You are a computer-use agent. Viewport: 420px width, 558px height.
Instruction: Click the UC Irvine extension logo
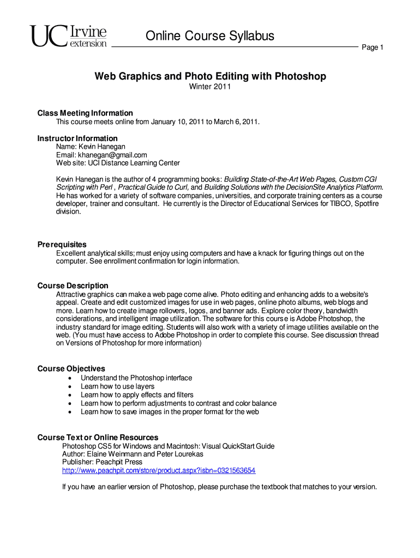(69, 37)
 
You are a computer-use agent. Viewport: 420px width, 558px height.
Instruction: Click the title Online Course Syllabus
(209, 36)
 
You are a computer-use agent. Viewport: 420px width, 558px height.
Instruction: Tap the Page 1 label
(373, 48)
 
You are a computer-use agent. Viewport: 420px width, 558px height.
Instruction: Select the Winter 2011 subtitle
(210, 87)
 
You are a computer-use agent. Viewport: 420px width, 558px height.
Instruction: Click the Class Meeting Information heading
(85, 113)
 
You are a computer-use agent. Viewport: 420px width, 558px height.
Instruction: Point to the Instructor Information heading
(77, 138)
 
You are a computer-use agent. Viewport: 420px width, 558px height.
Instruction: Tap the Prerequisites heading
(62, 244)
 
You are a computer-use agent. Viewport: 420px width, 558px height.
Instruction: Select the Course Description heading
(73, 286)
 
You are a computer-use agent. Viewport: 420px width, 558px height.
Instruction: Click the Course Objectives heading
(71, 368)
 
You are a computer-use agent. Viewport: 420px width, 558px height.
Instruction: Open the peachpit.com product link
(159, 470)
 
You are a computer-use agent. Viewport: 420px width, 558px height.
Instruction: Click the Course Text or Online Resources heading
(98, 437)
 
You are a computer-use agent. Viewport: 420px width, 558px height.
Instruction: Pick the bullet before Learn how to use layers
(70, 386)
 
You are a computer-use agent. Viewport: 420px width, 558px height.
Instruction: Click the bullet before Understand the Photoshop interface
(70, 378)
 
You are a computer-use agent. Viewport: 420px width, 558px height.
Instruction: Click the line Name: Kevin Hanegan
(91, 147)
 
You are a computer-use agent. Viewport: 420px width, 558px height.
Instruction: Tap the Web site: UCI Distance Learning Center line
(118, 163)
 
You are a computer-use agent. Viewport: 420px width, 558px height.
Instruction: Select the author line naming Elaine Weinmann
(133, 454)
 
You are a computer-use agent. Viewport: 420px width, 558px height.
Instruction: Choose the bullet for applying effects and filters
(70, 395)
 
